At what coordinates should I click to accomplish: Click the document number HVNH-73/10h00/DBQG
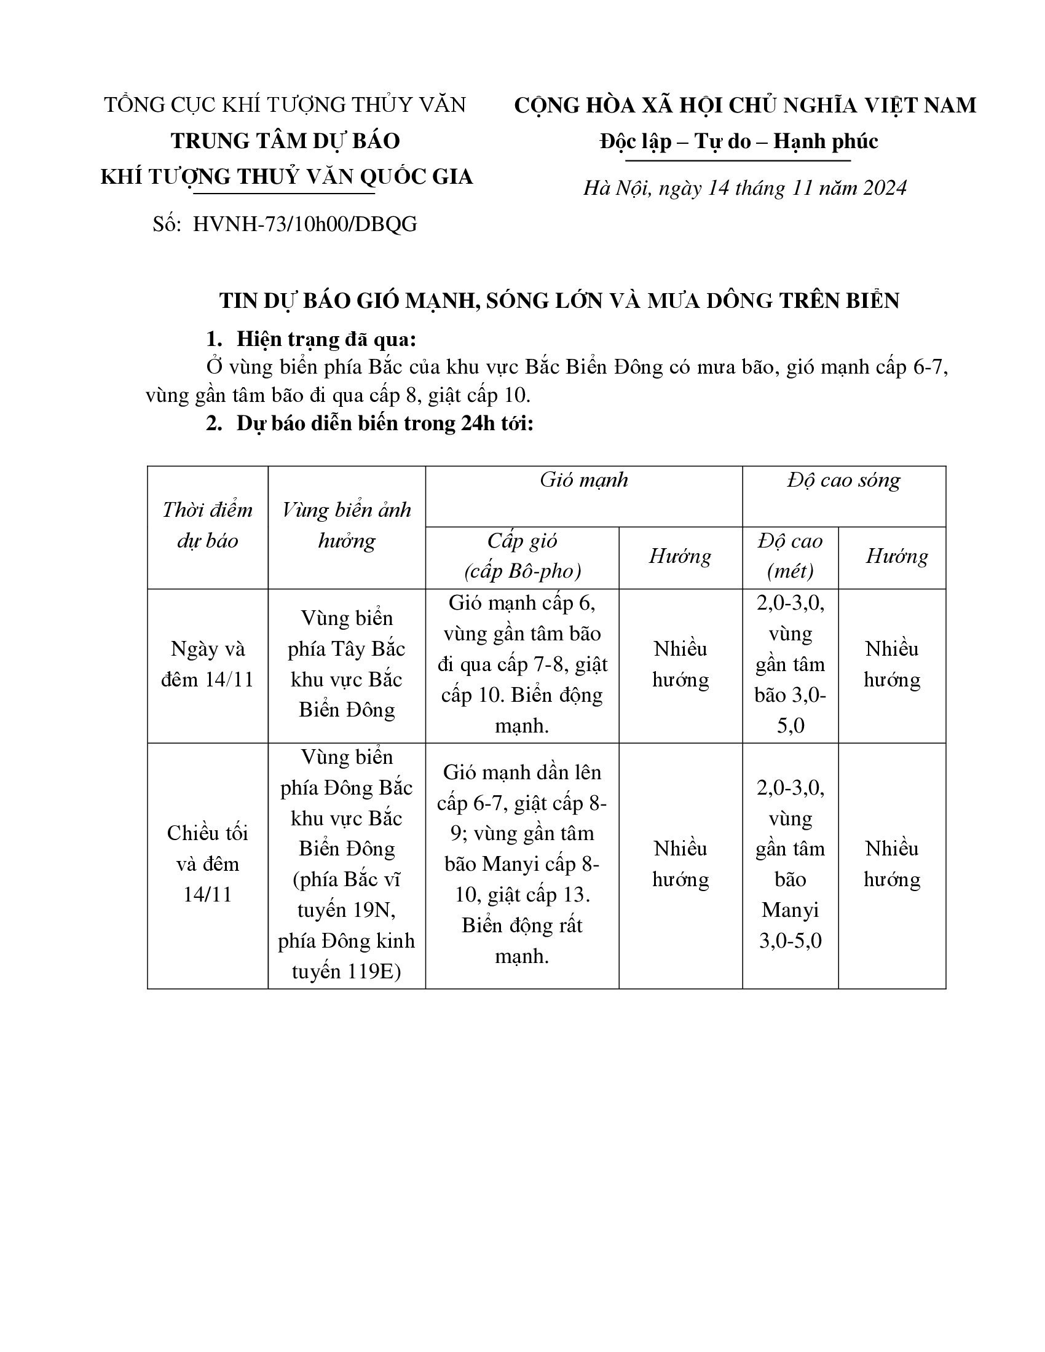click(x=304, y=224)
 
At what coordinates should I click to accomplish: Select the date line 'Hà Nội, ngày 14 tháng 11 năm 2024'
click(x=744, y=188)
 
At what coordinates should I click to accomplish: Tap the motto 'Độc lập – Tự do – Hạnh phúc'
click(x=738, y=142)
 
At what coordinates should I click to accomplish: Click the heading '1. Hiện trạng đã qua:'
click(x=311, y=339)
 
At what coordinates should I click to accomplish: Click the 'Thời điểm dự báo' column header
click(x=207, y=525)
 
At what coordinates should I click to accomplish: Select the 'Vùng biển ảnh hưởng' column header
click(x=347, y=525)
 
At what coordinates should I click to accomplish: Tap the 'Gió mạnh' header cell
click(x=583, y=481)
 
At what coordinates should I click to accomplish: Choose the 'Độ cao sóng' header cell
click(x=843, y=481)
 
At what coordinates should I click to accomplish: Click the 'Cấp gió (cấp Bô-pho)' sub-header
click(x=522, y=556)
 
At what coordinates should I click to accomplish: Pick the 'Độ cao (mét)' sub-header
click(x=790, y=556)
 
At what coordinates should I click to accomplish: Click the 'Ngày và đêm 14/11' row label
click(x=207, y=664)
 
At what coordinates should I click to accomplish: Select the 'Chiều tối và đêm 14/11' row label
click(x=207, y=863)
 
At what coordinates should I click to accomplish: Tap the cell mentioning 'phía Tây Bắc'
click(x=347, y=664)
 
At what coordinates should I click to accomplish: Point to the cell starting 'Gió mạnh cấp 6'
click(x=522, y=664)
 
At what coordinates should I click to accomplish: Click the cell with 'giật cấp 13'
click(x=522, y=864)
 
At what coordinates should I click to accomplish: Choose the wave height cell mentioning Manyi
click(x=790, y=864)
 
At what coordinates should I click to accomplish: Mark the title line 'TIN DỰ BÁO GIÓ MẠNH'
click(x=558, y=301)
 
